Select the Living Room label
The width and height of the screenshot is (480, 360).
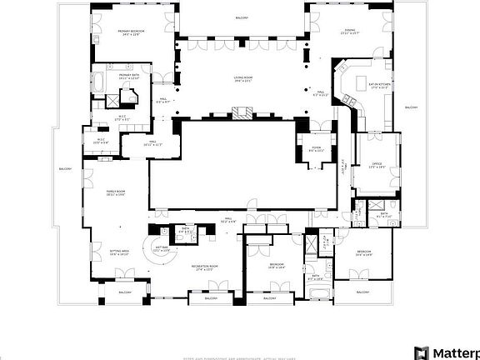coord(242,78)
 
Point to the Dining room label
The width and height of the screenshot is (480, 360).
coord(349,32)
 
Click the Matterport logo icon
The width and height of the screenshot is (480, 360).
coord(422,352)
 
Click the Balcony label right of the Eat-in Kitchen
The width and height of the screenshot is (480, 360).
coord(411,107)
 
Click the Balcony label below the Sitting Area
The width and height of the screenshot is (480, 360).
coord(124,292)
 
